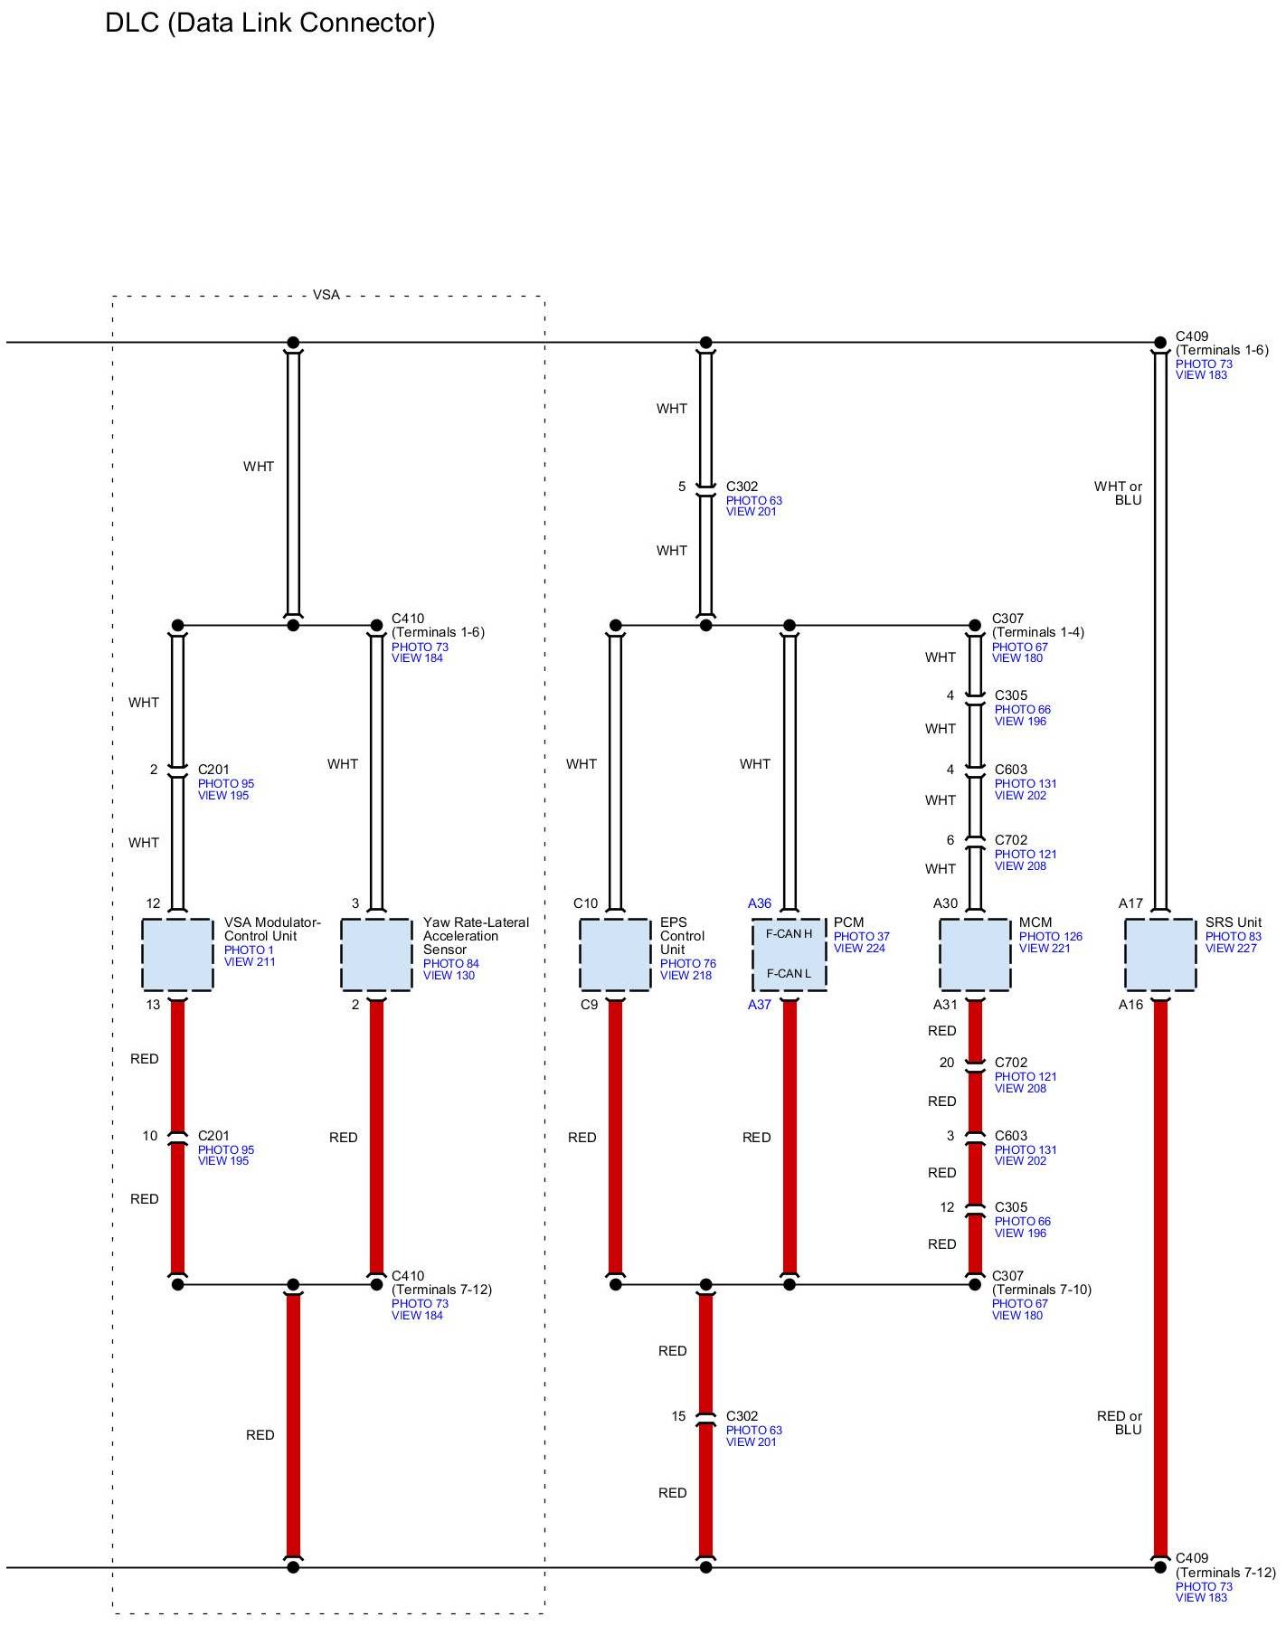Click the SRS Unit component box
[1160, 954]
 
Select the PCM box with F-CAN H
[790, 954]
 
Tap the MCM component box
[975, 954]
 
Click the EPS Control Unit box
[615, 954]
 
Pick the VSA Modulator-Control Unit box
[177, 954]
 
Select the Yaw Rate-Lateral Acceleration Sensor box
[376, 954]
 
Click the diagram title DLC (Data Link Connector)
[270, 23]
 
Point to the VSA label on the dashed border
[326, 295]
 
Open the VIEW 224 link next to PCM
[859, 949]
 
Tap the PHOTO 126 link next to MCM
[1050, 937]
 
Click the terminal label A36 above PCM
[760, 903]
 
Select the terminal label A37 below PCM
[760, 1005]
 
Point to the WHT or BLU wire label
[1119, 493]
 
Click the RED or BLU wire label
[1120, 1423]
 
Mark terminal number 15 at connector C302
[678, 1416]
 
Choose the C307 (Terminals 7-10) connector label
[1041, 1283]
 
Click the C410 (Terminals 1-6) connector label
[438, 626]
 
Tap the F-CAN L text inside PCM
[789, 974]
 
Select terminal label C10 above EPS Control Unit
[585, 903]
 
